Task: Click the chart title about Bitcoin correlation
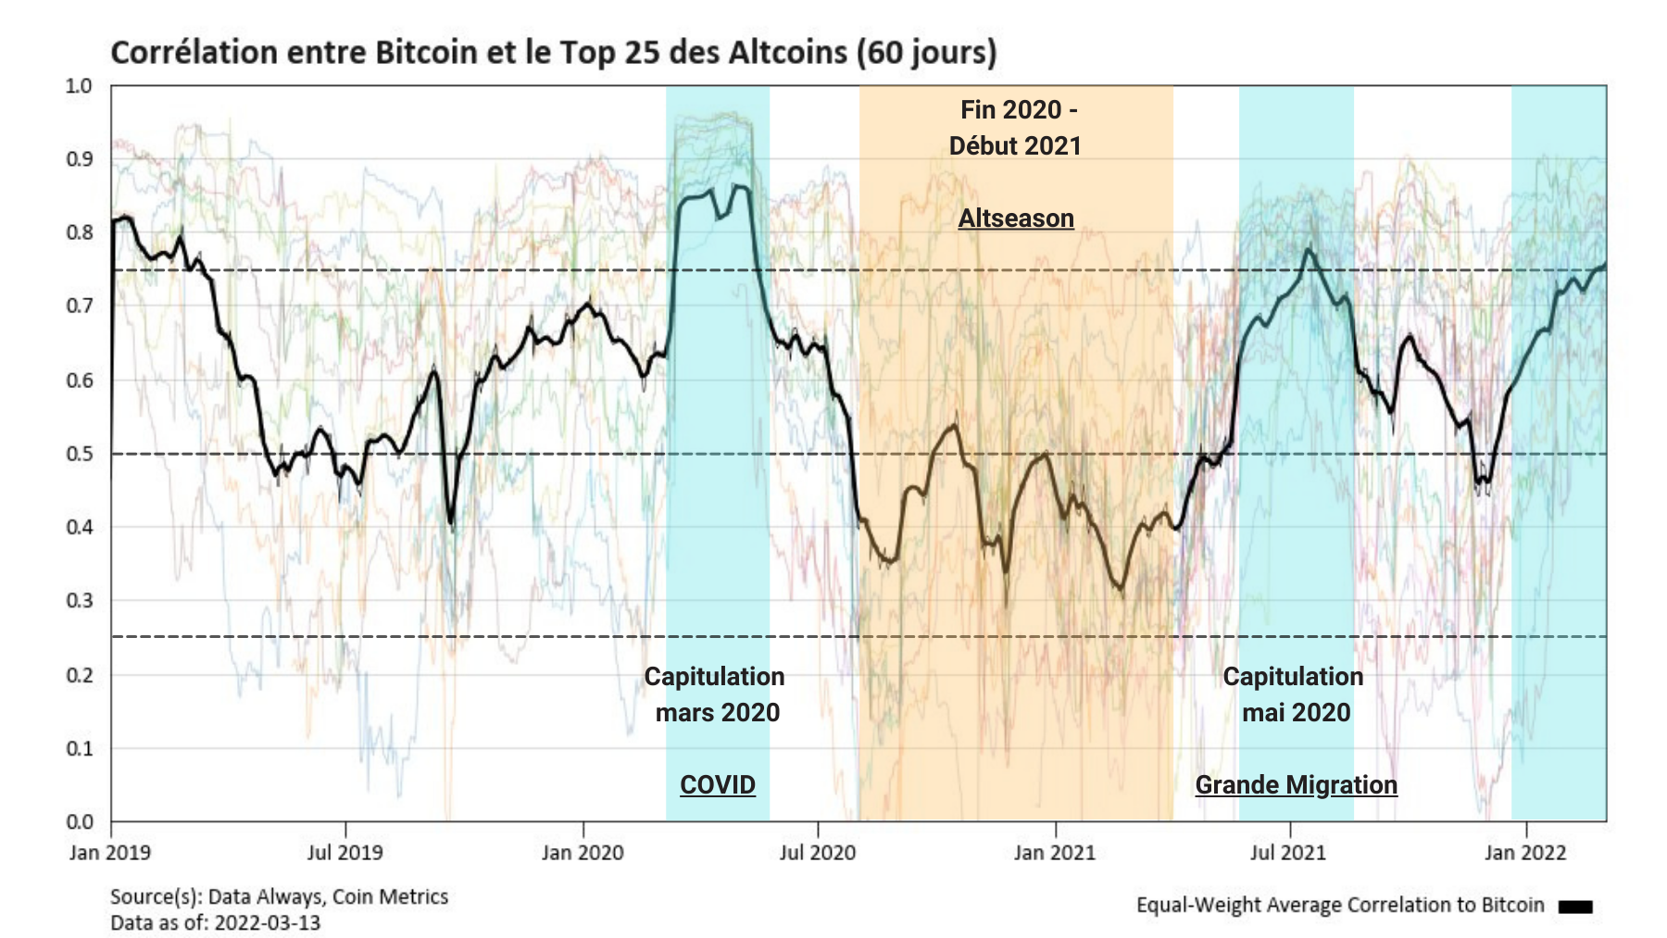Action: click(553, 53)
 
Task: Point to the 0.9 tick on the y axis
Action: click(80, 159)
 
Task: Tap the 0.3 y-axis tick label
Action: click(80, 600)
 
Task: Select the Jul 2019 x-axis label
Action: click(345, 852)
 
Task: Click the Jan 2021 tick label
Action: click(1054, 852)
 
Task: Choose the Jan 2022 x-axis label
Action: click(1524, 852)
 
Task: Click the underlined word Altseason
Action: click(1016, 219)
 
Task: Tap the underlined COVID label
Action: click(718, 784)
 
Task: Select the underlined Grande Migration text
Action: click(1296, 784)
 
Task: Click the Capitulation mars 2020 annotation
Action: click(715, 694)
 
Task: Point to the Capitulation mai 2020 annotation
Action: click(1294, 694)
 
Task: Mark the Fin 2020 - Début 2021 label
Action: click(1016, 128)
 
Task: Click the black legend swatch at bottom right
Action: click(1574, 907)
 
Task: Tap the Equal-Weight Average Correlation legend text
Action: click(1340, 905)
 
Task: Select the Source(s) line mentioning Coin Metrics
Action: click(279, 896)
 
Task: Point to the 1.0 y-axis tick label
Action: click(80, 86)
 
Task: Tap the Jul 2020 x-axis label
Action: click(817, 852)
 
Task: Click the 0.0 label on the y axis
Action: click(80, 821)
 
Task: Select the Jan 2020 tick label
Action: click(583, 852)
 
